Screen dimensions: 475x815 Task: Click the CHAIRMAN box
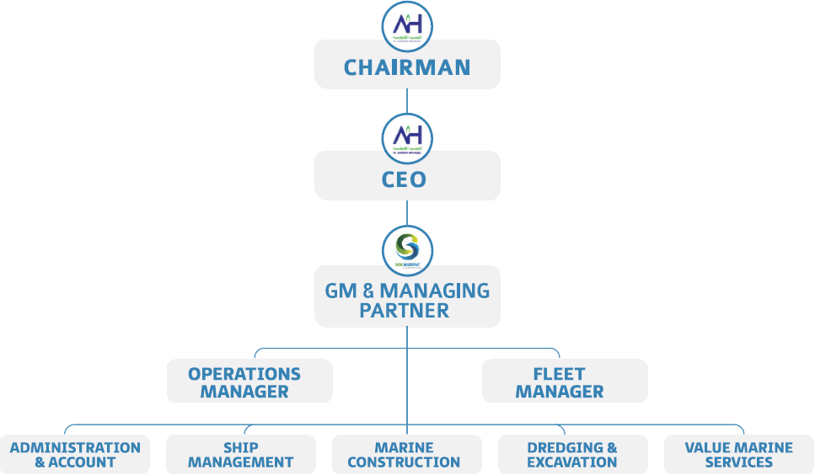[x=407, y=67]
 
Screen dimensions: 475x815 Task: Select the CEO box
[x=407, y=179]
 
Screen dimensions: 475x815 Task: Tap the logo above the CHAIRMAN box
[x=407, y=27]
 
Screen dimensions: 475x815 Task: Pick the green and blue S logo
[x=407, y=249]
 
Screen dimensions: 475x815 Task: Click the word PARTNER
[x=404, y=311]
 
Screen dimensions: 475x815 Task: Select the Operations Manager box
[x=249, y=382]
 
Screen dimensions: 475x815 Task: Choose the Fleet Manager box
[x=564, y=382]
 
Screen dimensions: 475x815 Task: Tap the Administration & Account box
[x=75, y=455]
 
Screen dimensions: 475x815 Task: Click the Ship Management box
[x=241, y=455]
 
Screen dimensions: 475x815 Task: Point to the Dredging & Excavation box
[x=572, y=455]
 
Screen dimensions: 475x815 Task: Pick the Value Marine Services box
[x=738, y=455]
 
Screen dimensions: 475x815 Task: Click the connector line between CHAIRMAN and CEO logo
[x=407, y=100]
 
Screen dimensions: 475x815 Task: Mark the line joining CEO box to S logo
[x=407, y=212]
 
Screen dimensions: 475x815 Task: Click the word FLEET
[x=559, y=373]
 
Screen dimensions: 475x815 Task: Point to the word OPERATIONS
[x=244, y=373]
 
